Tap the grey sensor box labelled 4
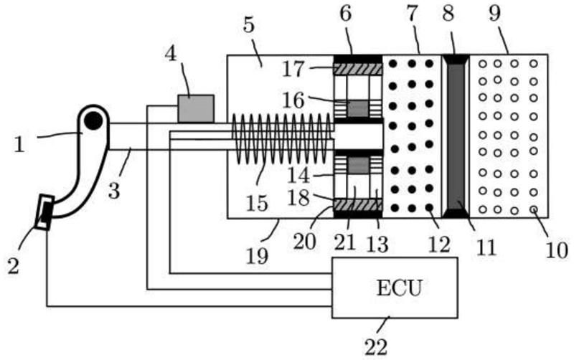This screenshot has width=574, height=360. coord(196,108)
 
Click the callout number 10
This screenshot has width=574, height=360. coord(556,250)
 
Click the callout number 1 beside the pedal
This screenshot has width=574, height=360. coord(19,143)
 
